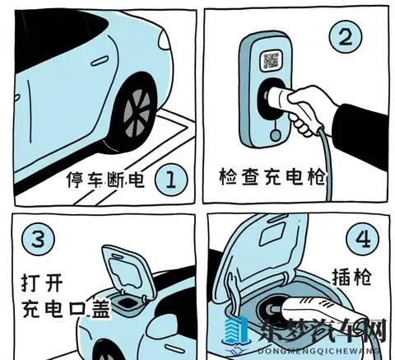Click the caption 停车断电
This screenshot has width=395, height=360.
(106, 179)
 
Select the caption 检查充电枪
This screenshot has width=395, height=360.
(272, 176)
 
